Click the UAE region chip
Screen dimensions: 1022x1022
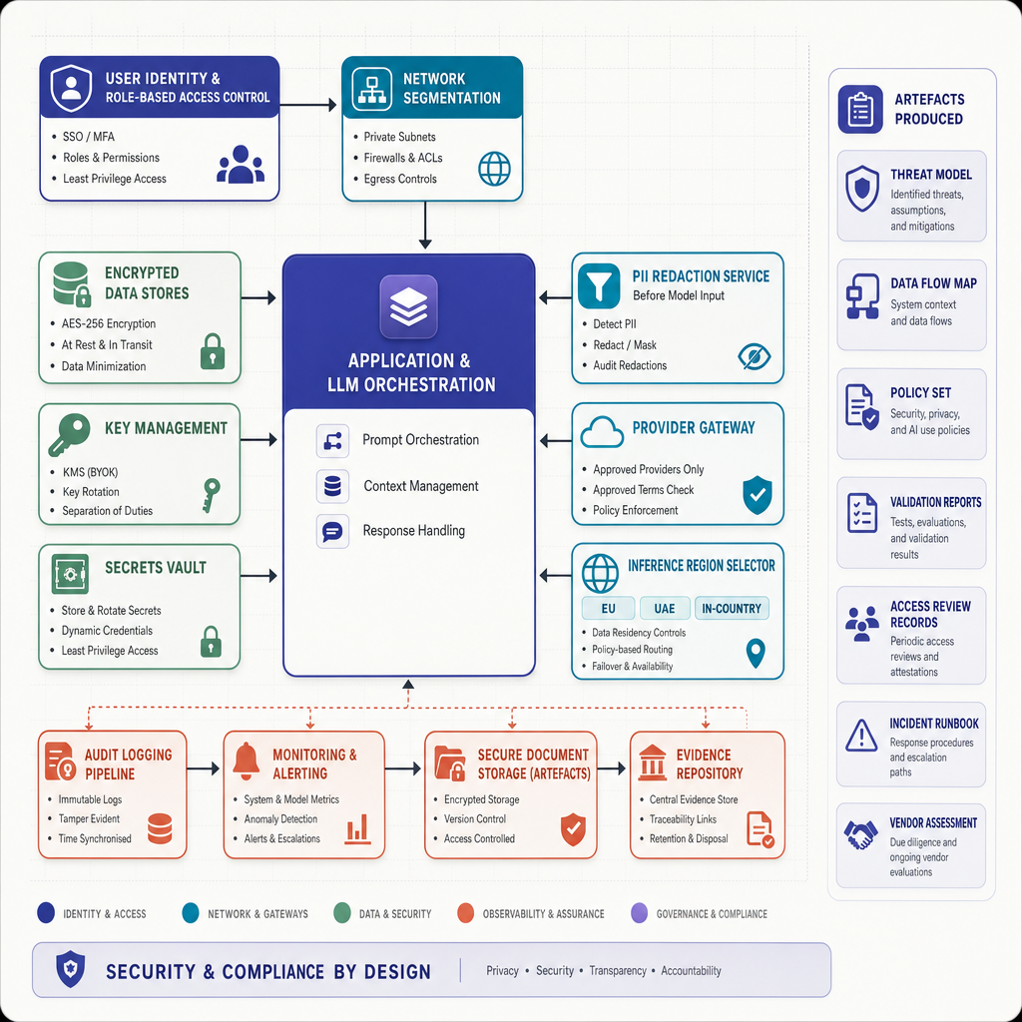664,608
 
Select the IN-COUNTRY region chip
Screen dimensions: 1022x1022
732,608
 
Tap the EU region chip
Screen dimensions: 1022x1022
608,608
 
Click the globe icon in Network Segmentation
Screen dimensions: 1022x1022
495,169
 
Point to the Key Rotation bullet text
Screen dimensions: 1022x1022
91,491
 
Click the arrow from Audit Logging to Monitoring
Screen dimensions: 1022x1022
203,769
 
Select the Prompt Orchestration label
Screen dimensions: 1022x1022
420,440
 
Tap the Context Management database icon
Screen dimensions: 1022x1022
332,486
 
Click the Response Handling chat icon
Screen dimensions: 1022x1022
332,531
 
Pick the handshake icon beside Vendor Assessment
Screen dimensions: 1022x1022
860,834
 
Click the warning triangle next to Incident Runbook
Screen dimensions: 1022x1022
861,736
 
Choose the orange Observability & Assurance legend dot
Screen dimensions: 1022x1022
465,913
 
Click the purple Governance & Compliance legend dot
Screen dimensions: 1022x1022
640,913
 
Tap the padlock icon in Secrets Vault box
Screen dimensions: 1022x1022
211,642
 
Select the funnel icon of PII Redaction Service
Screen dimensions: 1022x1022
599,285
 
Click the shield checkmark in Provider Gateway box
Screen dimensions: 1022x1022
758,495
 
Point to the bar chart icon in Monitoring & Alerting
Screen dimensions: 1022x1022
357,829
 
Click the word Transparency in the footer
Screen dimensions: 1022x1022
618,970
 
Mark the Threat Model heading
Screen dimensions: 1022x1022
931,175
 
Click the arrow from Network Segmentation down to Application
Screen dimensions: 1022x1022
425,225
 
